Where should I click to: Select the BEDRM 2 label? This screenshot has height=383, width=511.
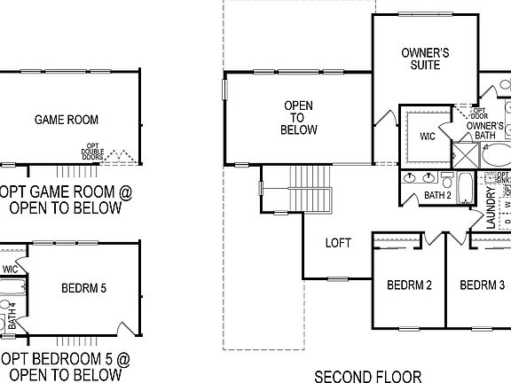click(x=409, y=285)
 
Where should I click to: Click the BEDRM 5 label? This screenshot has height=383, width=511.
click(x=85, y=288)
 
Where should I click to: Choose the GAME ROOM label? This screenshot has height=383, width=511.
click(x=67, y=120)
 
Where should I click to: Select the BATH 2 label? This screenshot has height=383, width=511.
click(x=438, y=195)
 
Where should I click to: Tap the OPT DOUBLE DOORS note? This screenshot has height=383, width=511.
click(x=92, y=152)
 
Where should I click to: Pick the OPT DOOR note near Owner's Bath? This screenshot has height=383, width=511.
click(x=478, y=113)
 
